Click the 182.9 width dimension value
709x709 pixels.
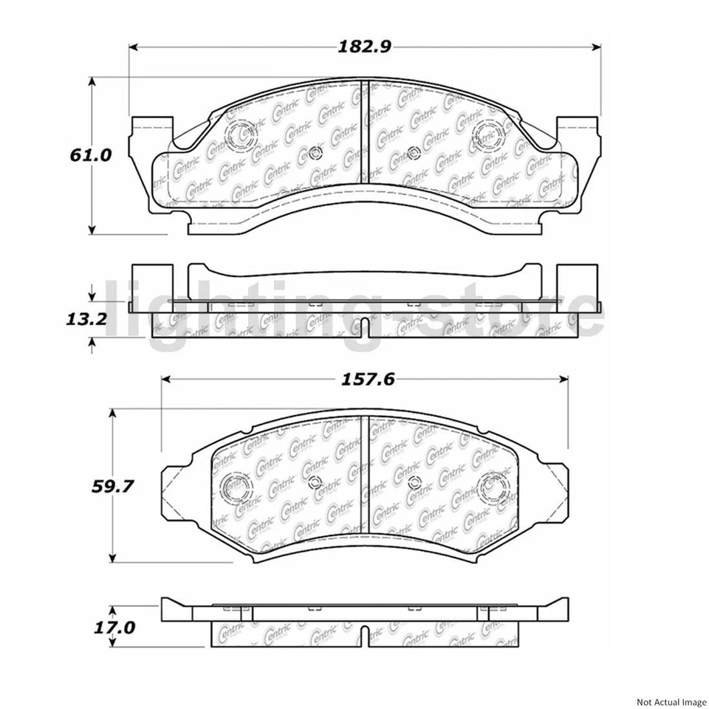363,47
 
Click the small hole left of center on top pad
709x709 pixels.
315,154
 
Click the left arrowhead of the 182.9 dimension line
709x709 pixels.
134,47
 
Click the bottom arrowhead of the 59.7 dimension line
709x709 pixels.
112,558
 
